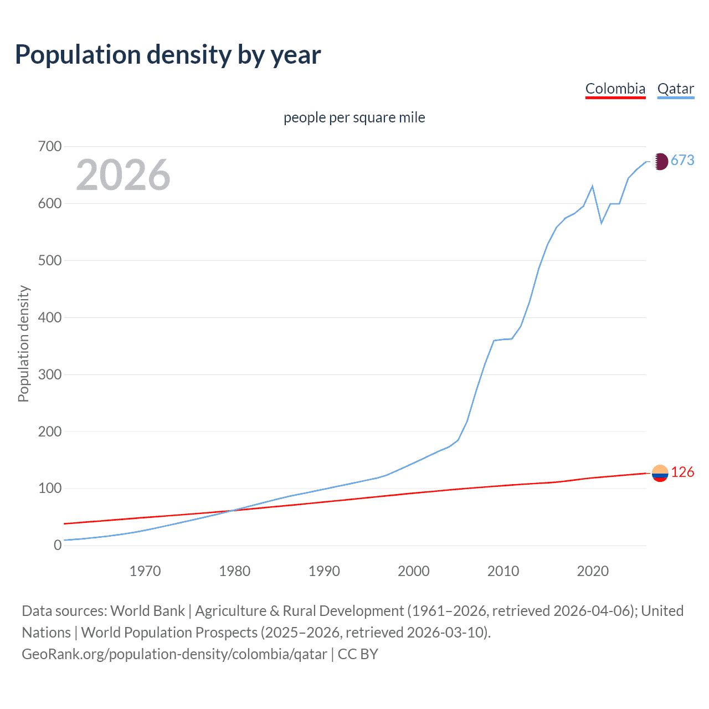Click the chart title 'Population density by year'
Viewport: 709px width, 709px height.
[168, 55]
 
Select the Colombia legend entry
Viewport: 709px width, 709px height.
[615, 89]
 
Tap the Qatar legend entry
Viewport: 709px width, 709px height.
[675, 89]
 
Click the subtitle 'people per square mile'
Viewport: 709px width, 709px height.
[354, 118]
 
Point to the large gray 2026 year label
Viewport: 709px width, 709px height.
[123, 175]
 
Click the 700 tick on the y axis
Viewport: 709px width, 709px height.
[50, 147]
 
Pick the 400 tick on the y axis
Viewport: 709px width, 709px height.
[50, 318]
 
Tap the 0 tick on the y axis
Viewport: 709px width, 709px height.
[58, 546]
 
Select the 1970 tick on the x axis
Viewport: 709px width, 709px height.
[145, 571]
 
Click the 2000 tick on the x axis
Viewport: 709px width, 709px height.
[414, 571]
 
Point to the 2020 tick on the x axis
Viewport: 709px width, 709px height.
[593, 571]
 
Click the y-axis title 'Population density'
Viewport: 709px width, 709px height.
[23, 343]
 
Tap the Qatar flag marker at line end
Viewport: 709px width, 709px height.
[660, 162]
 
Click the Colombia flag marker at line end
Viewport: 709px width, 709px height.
[660, 473]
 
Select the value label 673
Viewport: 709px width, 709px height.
[682, 161]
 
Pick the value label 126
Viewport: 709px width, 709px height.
[682, 472]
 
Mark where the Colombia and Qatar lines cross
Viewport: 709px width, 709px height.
[231, 510]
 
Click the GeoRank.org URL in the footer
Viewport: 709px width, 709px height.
[174, 654]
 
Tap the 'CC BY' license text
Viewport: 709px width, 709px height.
[358, 654]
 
